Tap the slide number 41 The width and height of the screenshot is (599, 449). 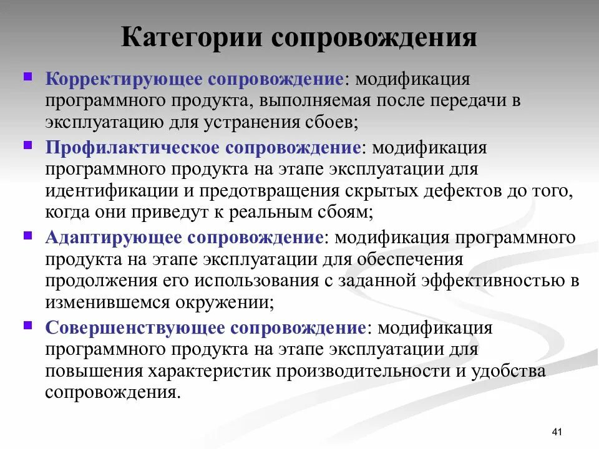558,432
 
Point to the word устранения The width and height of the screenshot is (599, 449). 256,122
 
